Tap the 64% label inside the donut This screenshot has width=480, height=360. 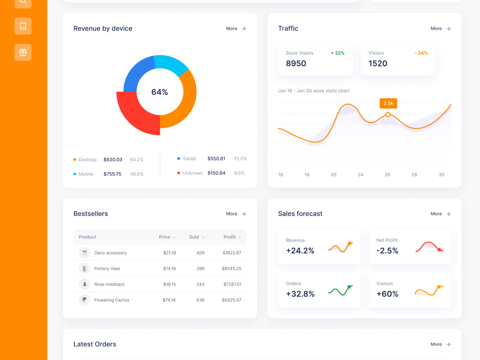[159, 92]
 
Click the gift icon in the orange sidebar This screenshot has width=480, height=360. [23, 52]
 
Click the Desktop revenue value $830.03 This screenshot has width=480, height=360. [113, 159]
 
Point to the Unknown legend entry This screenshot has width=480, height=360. [192, 173]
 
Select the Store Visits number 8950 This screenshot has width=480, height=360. [296, 63]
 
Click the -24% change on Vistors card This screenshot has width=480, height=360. [421, 53]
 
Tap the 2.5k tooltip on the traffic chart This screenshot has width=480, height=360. [388, 103]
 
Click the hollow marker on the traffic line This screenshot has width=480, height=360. [388, 115]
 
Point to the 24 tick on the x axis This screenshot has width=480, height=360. [360, 175]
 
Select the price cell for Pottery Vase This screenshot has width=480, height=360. [169, 268]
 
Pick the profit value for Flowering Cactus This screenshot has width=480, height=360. [231, 300]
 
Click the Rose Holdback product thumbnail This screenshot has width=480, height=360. [84, 284]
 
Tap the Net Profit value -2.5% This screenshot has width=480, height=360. [387, 251]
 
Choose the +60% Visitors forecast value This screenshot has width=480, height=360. [387, 294]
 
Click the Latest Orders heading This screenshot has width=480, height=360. [95, 344]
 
